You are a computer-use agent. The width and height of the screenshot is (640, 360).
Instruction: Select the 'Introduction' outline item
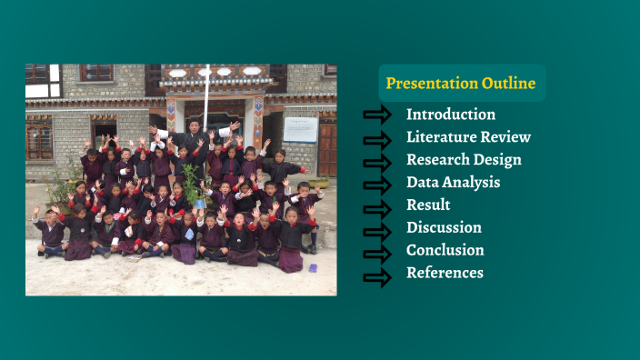point(451,115)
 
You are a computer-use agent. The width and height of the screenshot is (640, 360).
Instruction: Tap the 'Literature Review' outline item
point(468,137)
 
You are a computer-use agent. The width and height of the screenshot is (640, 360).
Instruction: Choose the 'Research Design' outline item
point(464,160)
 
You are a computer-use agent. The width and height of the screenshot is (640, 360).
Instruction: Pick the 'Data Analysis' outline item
point(453,183)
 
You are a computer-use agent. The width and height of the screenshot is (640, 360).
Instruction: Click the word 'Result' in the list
point(428,205)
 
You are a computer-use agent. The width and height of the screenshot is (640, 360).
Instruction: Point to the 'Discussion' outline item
point(444,227)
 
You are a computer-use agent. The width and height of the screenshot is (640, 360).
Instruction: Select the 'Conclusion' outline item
point(445,250)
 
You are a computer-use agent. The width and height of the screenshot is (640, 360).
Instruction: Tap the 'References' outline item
point(445,273)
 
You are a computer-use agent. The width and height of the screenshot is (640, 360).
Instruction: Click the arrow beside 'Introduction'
point(376,115)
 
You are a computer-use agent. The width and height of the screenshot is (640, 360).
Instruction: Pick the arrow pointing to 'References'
point(376,276)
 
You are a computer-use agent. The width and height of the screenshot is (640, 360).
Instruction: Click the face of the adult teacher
point(194,125)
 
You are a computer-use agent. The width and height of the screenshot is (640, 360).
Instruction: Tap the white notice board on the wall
point(300,129)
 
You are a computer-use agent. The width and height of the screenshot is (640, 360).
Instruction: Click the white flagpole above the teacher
point(207,91)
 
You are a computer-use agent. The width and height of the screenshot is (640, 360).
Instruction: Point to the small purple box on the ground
point(312,268)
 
